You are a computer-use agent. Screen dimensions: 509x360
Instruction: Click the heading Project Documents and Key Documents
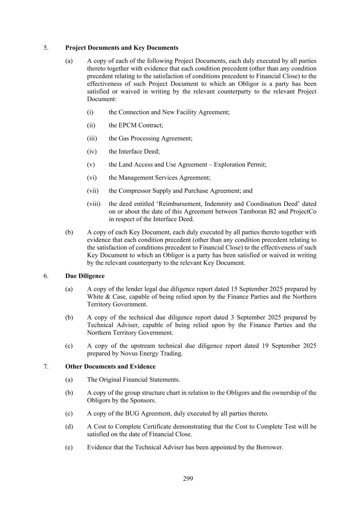(121, 48)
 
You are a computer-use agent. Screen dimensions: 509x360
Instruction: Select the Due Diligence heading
(85, 276)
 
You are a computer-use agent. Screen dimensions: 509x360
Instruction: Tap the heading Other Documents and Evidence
(110, 367)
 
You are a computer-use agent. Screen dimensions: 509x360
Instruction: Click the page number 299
(188, 479)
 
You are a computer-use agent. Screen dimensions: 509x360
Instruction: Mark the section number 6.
(46, 276)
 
